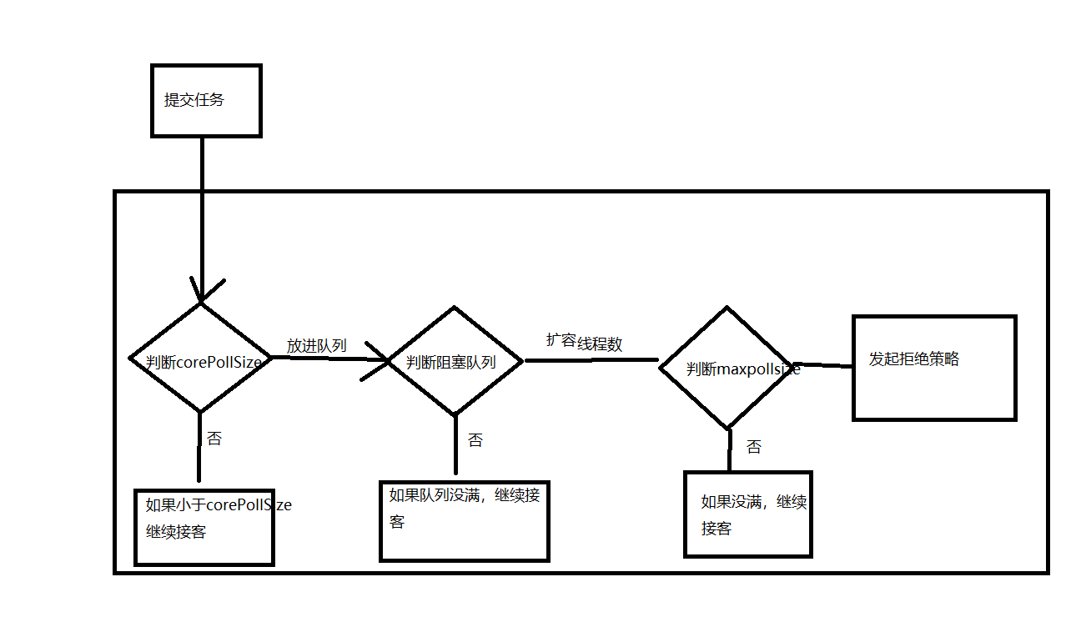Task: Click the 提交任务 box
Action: coord(205,101)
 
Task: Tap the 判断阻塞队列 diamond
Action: coord(454,361)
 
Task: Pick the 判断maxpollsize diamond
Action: coord(727,368)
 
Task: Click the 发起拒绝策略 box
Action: coord(933,368)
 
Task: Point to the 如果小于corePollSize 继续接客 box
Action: coord(204,527)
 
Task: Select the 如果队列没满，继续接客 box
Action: coord(464,521)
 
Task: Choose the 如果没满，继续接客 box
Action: coord(747,514)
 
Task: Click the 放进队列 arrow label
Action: coord(317,345)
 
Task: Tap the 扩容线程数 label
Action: coord(584,342)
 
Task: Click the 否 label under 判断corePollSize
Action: coord(214,439)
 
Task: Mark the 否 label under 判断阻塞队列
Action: coord(475,440)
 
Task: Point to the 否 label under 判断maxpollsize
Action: coord(753,447)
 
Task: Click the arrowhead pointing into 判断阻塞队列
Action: coord(380,360)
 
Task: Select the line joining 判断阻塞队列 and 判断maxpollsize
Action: coord(591,360)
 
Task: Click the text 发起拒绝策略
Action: coord(914,359)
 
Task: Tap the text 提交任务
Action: coord(194,100)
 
